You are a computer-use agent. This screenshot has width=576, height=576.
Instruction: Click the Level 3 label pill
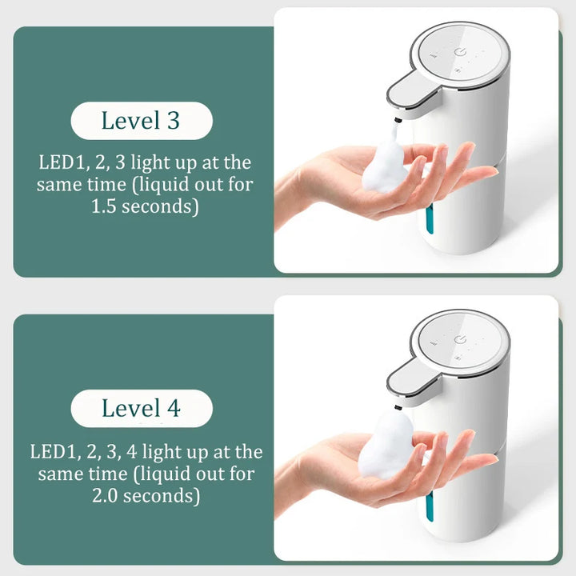[142, 121]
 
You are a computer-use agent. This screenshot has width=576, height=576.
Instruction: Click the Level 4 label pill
[142, 408]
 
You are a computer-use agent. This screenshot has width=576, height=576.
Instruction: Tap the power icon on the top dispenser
[460, 53]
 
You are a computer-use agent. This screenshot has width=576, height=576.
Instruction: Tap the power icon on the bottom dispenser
[460, 340]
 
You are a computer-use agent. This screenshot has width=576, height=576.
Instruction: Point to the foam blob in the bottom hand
[386, 446]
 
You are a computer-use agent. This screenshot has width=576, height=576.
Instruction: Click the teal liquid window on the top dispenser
[430, 219]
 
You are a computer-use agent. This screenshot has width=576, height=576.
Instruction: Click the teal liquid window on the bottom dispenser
[430, 506]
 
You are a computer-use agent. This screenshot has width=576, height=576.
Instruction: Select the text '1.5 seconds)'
[145, 206]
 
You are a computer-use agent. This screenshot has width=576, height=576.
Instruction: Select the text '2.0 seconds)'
[146, 496]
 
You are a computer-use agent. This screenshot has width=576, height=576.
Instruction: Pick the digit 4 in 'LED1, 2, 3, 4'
[131, 452]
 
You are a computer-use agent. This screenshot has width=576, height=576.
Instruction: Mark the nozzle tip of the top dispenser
[397, 120]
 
